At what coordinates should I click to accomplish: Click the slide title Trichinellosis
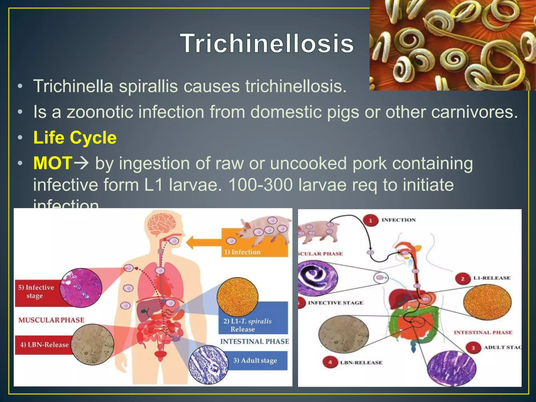click(267, 43)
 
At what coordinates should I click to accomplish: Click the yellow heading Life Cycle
click(75, 138)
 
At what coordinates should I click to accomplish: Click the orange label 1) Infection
click(242, 252)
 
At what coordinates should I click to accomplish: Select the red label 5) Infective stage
click(36, 292)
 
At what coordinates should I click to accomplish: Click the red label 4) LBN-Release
click(44, 345)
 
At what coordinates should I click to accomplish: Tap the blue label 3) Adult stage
click(255, 361)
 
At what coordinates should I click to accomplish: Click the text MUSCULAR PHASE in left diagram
click(51, 320)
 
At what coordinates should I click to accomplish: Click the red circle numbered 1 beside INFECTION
click(370, 220)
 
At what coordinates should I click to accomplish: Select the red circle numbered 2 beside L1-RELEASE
click(462, 278)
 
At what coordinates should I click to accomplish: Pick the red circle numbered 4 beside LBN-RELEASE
click(330, 362)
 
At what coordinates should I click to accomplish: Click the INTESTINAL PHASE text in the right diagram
click(483, 333)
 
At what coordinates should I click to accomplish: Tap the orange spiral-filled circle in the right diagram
click(487, 302)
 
